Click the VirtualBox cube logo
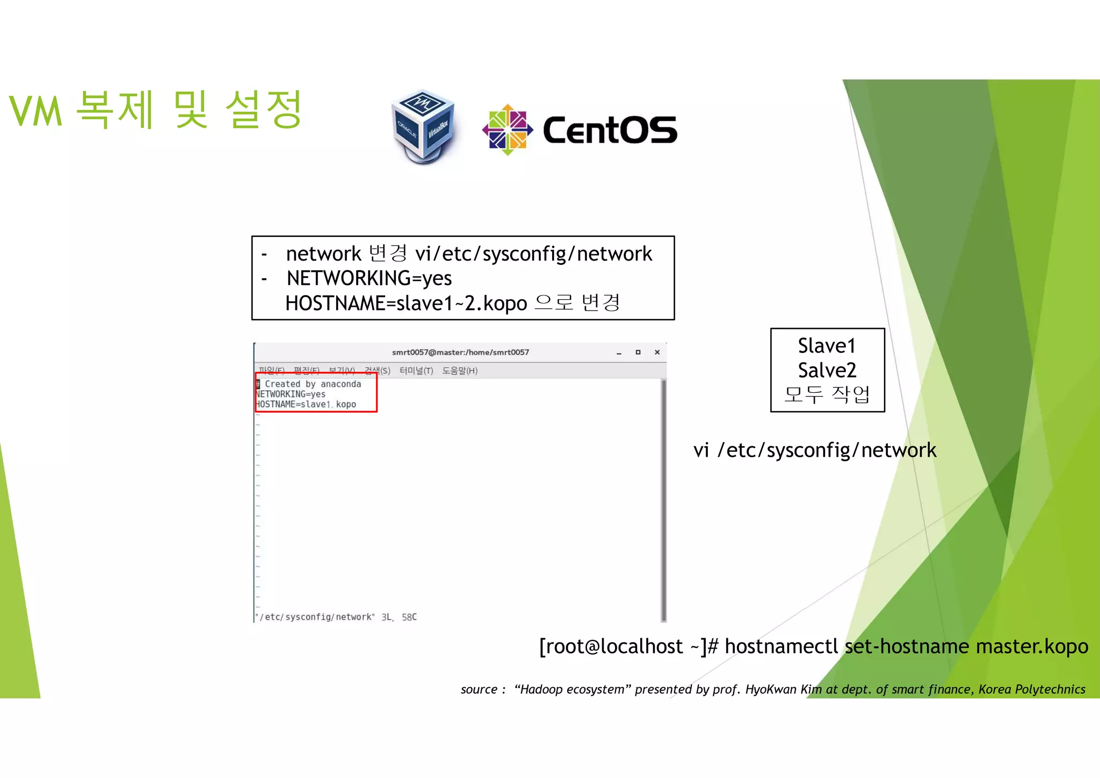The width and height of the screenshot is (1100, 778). pos(424,126)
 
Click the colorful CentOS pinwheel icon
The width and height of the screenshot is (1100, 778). pos(507,129)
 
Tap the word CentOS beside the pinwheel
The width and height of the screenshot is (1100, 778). pos(610,131)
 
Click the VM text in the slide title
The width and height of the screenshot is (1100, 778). pos(36,112)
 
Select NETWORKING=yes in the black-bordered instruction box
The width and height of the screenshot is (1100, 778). pos(369,278)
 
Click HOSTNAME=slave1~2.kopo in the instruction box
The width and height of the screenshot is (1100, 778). pos(406,304)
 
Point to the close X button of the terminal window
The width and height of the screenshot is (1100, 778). pos(657,352)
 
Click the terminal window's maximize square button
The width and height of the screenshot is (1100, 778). pos(638,352)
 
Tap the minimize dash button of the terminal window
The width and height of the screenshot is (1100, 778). pos(619,353)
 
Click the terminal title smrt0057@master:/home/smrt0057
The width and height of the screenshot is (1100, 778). pos(460,352)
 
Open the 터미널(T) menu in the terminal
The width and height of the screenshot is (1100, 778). pos(416,371)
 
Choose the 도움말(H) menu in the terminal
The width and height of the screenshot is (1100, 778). pos(460,371)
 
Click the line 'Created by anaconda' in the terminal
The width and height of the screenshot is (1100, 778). pos(313,384)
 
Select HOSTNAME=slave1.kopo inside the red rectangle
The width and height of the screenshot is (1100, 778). pos(306,405)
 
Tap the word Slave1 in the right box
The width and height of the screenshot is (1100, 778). pos(827,346)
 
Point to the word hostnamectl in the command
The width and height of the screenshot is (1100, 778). pos(781,646)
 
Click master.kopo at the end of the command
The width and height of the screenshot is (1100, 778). pos(1032,646)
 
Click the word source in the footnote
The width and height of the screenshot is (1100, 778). pos(479,689)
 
